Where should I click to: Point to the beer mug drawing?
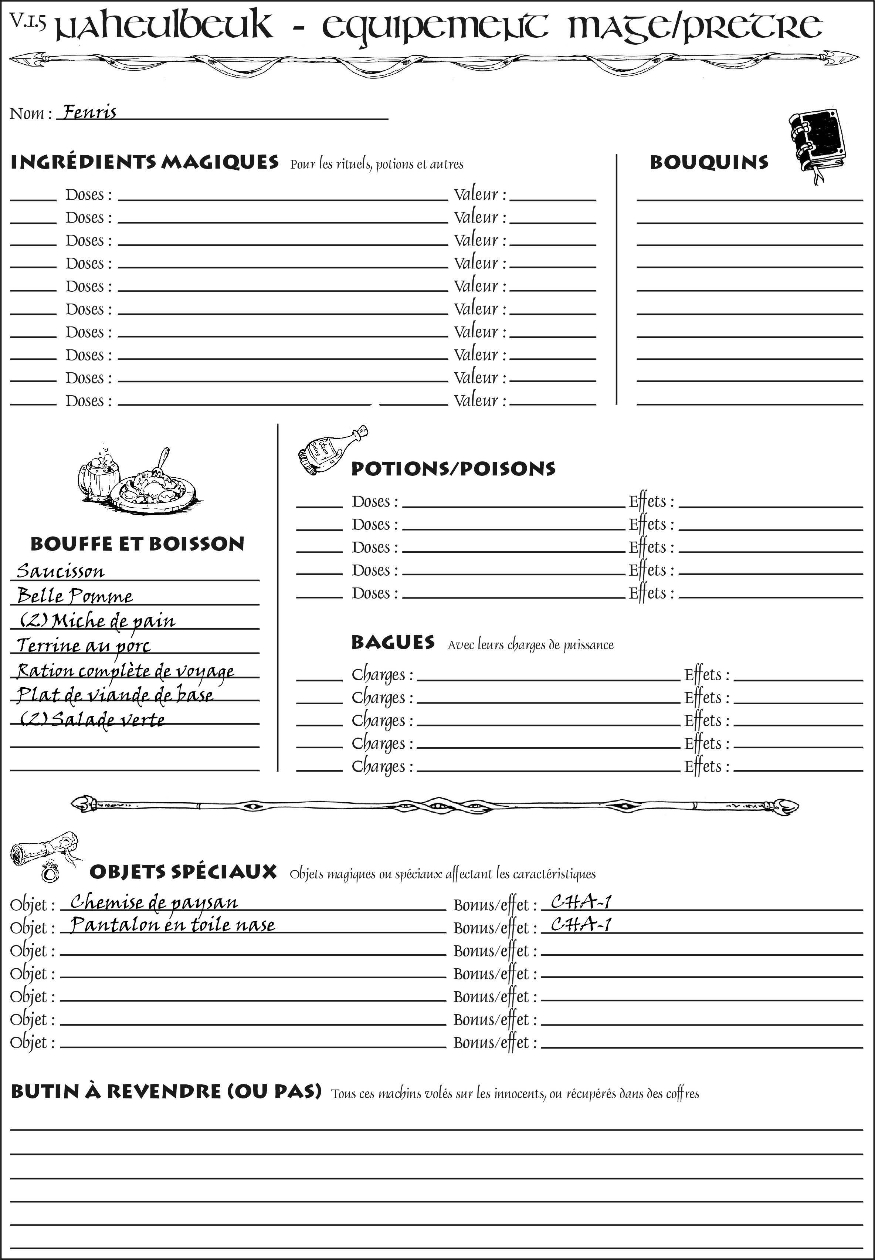pos(99,477)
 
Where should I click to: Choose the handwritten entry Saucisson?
pos(60,571)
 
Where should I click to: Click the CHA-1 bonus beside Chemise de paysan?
pos(581,902)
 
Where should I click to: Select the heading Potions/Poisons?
pos(453,469)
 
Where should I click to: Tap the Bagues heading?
pos(393,642)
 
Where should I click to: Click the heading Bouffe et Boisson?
pos(137,544)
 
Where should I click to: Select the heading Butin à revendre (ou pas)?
pos(166,1092)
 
